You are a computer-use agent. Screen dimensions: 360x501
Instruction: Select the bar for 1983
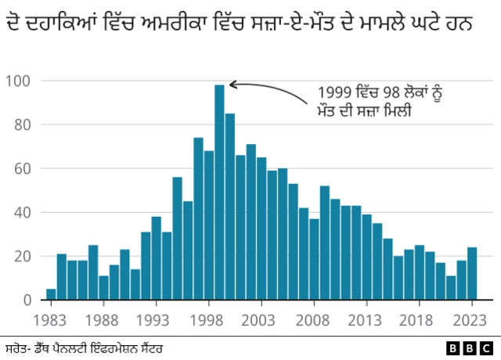(x=51, y=294)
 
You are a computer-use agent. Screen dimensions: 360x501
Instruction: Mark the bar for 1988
(x=103, y=287)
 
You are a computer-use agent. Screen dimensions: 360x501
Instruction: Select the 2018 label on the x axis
(x=419, y=319)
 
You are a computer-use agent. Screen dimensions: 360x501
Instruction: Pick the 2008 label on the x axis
(x=314, y=319)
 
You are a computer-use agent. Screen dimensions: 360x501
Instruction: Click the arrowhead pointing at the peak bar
(x=232, y=85)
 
